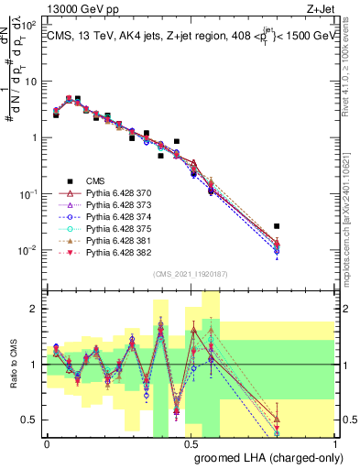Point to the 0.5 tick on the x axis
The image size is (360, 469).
point(191,442)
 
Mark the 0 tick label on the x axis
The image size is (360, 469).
point(48,442)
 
